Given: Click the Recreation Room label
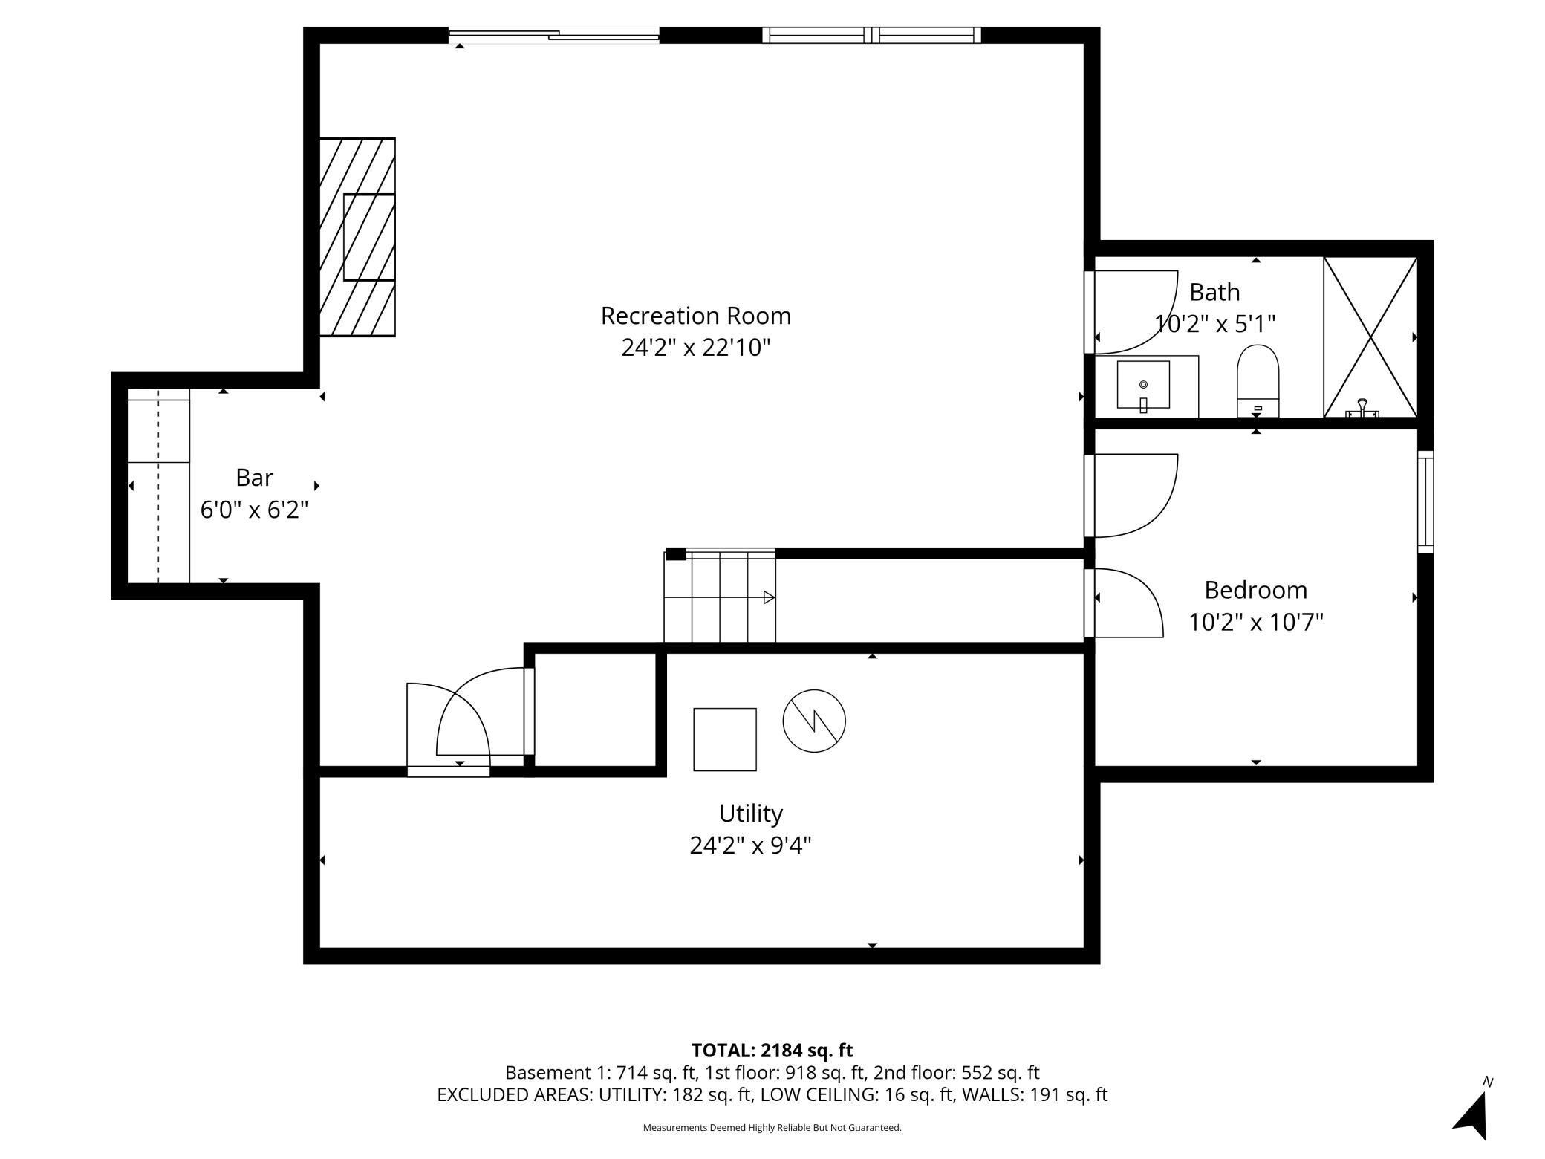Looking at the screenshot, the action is [x=696, y=316].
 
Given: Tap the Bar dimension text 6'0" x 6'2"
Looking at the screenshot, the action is [x=254, y=510].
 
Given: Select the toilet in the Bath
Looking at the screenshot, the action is [x=1258, y=380].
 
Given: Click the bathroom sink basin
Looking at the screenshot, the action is [x=1143, y=385].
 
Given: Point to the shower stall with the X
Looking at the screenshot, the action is [x=1370, y=337].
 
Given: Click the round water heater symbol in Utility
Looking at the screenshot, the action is [x=814, y=721].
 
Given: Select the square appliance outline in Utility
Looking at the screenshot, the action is [x=725, y=739].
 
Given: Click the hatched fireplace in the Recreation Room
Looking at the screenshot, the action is [x=357, y=237].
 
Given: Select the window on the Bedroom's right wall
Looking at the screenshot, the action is [x=1425, y=501].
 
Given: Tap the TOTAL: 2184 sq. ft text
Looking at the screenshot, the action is [x=772, y=1051].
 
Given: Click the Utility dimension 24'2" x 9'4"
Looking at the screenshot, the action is [x=750, y=845].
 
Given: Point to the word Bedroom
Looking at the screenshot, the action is [x=1255, y=590].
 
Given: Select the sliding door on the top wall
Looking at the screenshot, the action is [x=554, y=35].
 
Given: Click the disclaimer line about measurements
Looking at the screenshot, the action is [x=772, y=1128].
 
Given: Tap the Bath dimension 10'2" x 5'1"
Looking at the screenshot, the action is [x=1214, y=324].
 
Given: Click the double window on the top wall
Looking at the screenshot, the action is [x=871, y=35].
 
